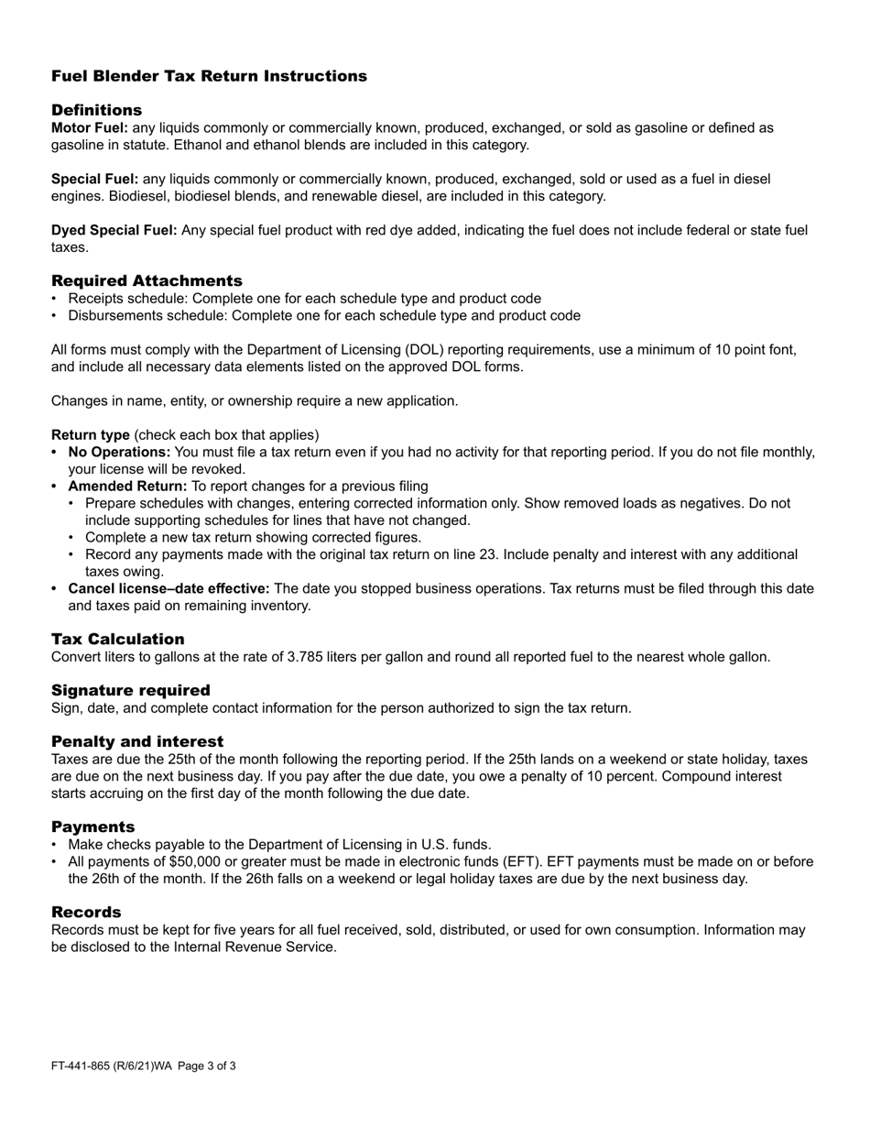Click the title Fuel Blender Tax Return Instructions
pyautogui.click(x=209, y=76)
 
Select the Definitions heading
pyautogui.click(x=96, y=110)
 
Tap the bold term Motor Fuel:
pyautogui.click(x=90, y=128)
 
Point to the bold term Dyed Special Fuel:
pyautogui.click(x=114, y=231)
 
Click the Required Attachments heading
pyautogui.click(x=147, y=280)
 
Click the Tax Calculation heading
pyautogui.click(x=117, y=639)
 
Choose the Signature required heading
pyautogui.click(x=130, y=690)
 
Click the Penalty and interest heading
pyautogui.click(x=137, y=741)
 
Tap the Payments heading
pyautogui.click(x=92, y=826)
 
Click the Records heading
pyautogui.click(x=86, y=912)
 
